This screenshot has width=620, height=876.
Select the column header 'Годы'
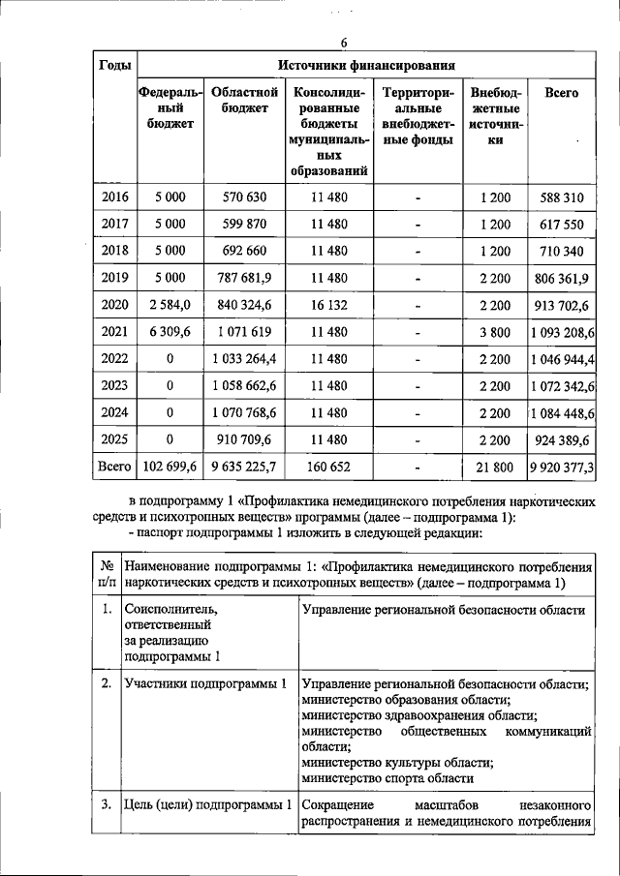point(116,66)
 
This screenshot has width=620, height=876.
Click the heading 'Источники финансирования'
point(366,66)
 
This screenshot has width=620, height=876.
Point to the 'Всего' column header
point(562,93)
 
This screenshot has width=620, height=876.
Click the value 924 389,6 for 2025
point(562,440)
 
